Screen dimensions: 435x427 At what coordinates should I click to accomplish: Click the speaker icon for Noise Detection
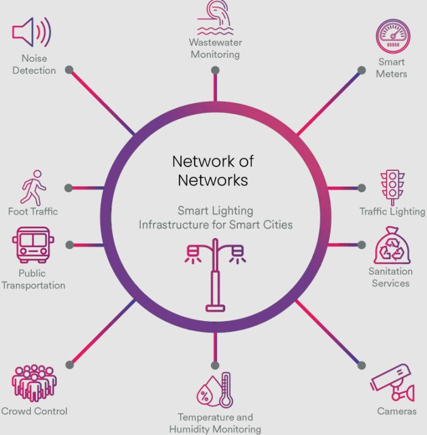pos(31,32)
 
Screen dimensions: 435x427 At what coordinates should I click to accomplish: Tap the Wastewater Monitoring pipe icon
pos(215,17)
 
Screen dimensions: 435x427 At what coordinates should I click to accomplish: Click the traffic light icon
pos(390,186)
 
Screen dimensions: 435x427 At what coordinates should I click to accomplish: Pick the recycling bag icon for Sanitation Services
pos(390,246)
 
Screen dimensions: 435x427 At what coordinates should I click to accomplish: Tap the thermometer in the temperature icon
pos(226,390)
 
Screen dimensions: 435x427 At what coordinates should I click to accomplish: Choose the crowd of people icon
pos(34,383)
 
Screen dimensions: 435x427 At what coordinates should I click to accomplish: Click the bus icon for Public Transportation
pos(32,245)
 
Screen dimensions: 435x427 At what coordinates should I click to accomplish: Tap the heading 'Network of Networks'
pos(213,171)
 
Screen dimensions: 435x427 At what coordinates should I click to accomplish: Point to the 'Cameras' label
pos(396,411)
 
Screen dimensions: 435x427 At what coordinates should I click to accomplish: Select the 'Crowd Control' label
pos(34,411)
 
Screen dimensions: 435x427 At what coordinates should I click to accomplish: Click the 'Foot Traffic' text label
pos(33,212)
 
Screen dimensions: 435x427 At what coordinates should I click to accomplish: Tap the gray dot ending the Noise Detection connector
pos(70,69)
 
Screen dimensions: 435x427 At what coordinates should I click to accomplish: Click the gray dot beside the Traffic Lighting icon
pos(362,188)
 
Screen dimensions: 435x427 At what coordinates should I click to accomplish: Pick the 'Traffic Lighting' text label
pos(392,212)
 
